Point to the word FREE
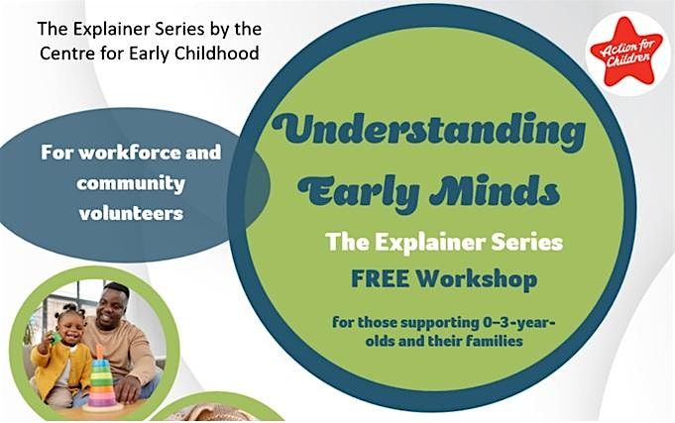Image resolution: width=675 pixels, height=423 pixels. [375, 280]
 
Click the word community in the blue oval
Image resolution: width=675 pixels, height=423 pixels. [132, 183]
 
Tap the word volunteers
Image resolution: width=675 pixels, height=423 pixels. [132, 212]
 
